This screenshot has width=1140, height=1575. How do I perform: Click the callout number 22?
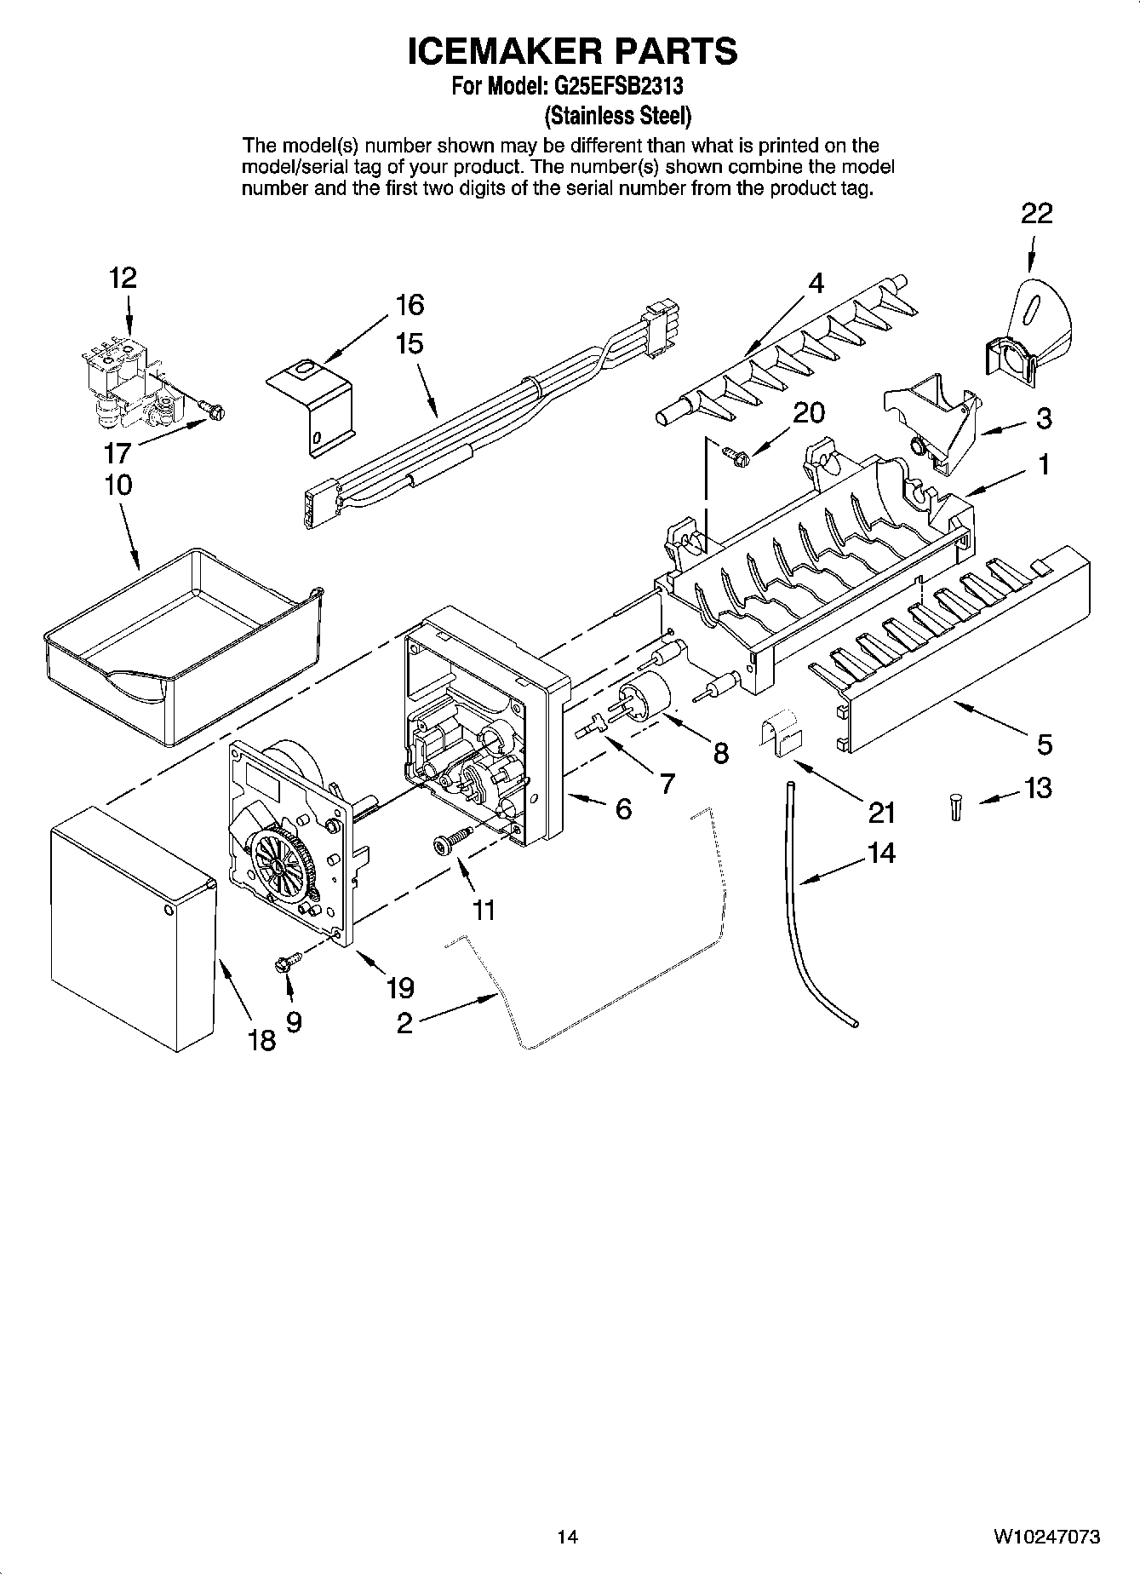click(1036, 213)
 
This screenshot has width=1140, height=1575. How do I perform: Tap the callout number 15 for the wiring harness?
click(410, 344)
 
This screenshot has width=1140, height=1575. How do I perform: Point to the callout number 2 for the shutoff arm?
click(404, 1022)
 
